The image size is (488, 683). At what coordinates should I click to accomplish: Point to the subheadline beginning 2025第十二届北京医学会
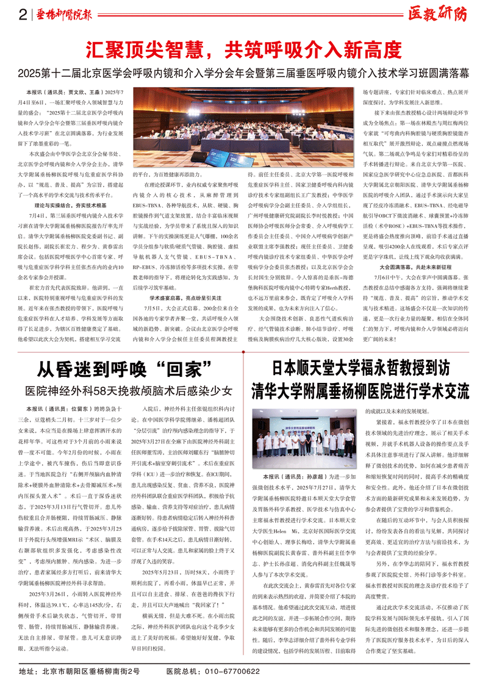243,73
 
